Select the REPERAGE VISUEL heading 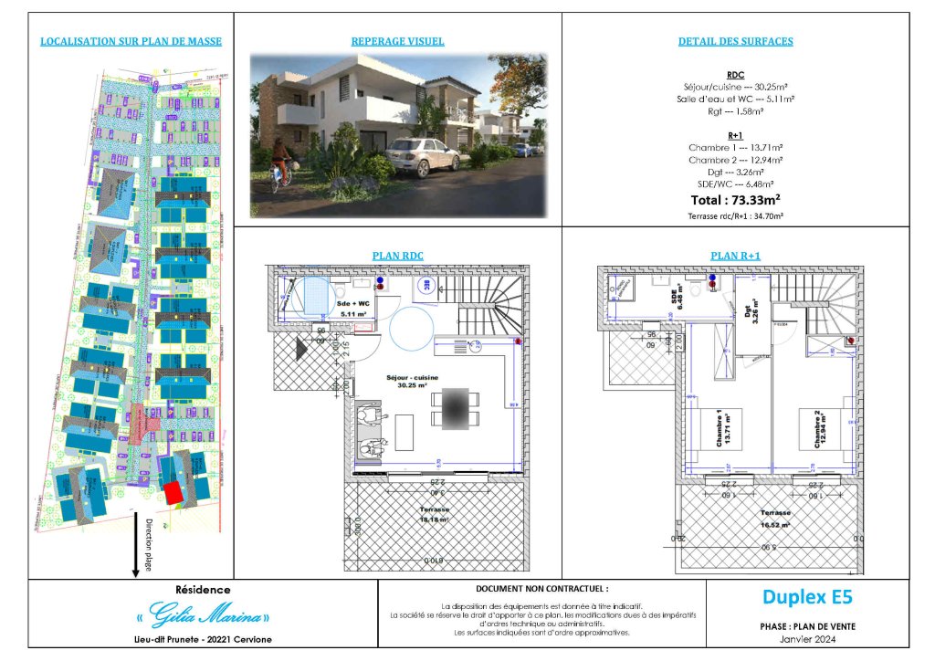click(397, 41)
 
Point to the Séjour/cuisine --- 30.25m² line click(735, 86)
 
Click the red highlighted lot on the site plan click(173, 493)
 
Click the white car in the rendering click(423, 157)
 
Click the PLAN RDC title click(397, 256)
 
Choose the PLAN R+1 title click(735, 256)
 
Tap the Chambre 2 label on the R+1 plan click(818, 429)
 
